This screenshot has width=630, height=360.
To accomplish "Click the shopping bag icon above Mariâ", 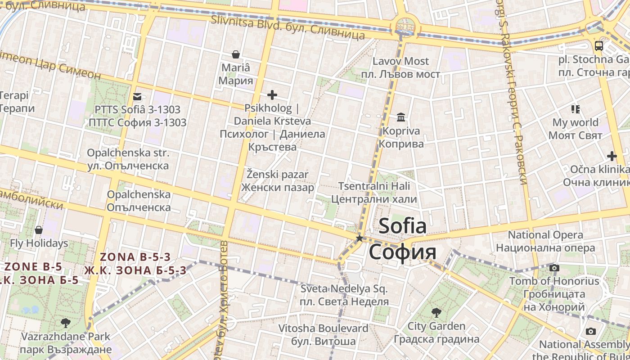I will pos(235,55).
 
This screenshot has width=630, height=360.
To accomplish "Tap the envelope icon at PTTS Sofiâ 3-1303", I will pos(137,96).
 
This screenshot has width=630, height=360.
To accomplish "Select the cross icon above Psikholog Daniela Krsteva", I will pos(272,95).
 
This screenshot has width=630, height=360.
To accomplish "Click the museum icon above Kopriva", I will pos(400,118).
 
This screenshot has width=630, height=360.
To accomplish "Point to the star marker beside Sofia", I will pos(360,238).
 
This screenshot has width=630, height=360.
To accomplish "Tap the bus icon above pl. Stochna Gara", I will pos(599,45).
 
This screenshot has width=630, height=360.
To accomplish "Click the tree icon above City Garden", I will pos(436,312).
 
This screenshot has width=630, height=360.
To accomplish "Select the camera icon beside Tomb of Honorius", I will pos(554,268).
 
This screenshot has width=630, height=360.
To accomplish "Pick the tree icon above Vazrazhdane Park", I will pos(66,323).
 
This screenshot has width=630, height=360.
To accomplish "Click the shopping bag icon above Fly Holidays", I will pos(39,230).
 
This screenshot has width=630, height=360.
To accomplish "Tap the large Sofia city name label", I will pos(402,238).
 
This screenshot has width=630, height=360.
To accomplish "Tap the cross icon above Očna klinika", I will pos(612,156).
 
